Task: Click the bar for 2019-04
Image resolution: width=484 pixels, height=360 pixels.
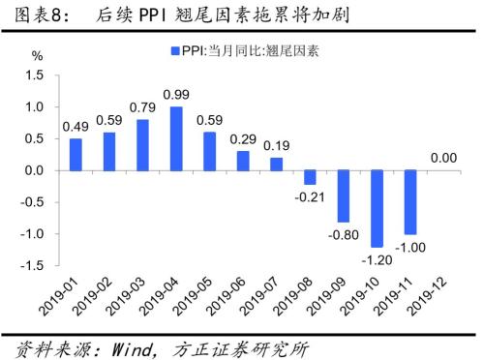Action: click(x=176, y=138)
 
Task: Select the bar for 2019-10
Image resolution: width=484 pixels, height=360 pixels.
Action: click(x=377, y=209)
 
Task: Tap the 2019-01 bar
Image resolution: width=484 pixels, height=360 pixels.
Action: click(x=76, y=155)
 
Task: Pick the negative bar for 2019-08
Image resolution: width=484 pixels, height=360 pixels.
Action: click(x=310, y=177)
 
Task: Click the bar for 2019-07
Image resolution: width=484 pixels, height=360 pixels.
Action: click(x=277, y=165)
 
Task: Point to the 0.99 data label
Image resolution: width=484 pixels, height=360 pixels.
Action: click(x=176, y=95)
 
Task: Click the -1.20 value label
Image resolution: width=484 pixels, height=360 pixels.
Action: click(x=377, y=260)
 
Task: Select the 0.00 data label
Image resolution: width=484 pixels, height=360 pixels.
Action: click(x=443, y=158)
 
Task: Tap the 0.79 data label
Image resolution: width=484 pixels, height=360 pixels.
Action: click(x=142, y=107)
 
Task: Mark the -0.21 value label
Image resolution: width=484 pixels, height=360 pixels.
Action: click(x=310, y=196)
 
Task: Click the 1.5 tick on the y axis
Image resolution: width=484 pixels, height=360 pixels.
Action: click(x=35, y=75)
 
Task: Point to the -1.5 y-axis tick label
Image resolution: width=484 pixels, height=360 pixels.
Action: click(x=32, y=265)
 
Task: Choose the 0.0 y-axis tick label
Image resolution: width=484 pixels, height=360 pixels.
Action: click(x=35, y=170)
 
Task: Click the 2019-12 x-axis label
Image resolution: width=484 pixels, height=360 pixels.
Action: click(x=427, y=295)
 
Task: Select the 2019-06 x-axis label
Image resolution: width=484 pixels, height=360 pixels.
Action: click(x=226, y=295)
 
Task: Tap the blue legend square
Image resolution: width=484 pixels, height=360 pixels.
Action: click(x=175, y=51)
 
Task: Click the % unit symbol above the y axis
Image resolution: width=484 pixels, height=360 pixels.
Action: click(x=37, y=56)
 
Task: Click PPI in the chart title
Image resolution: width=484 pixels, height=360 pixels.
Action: click(x=152, y=15)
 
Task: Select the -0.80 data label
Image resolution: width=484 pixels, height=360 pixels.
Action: click(x=344, y=234)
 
